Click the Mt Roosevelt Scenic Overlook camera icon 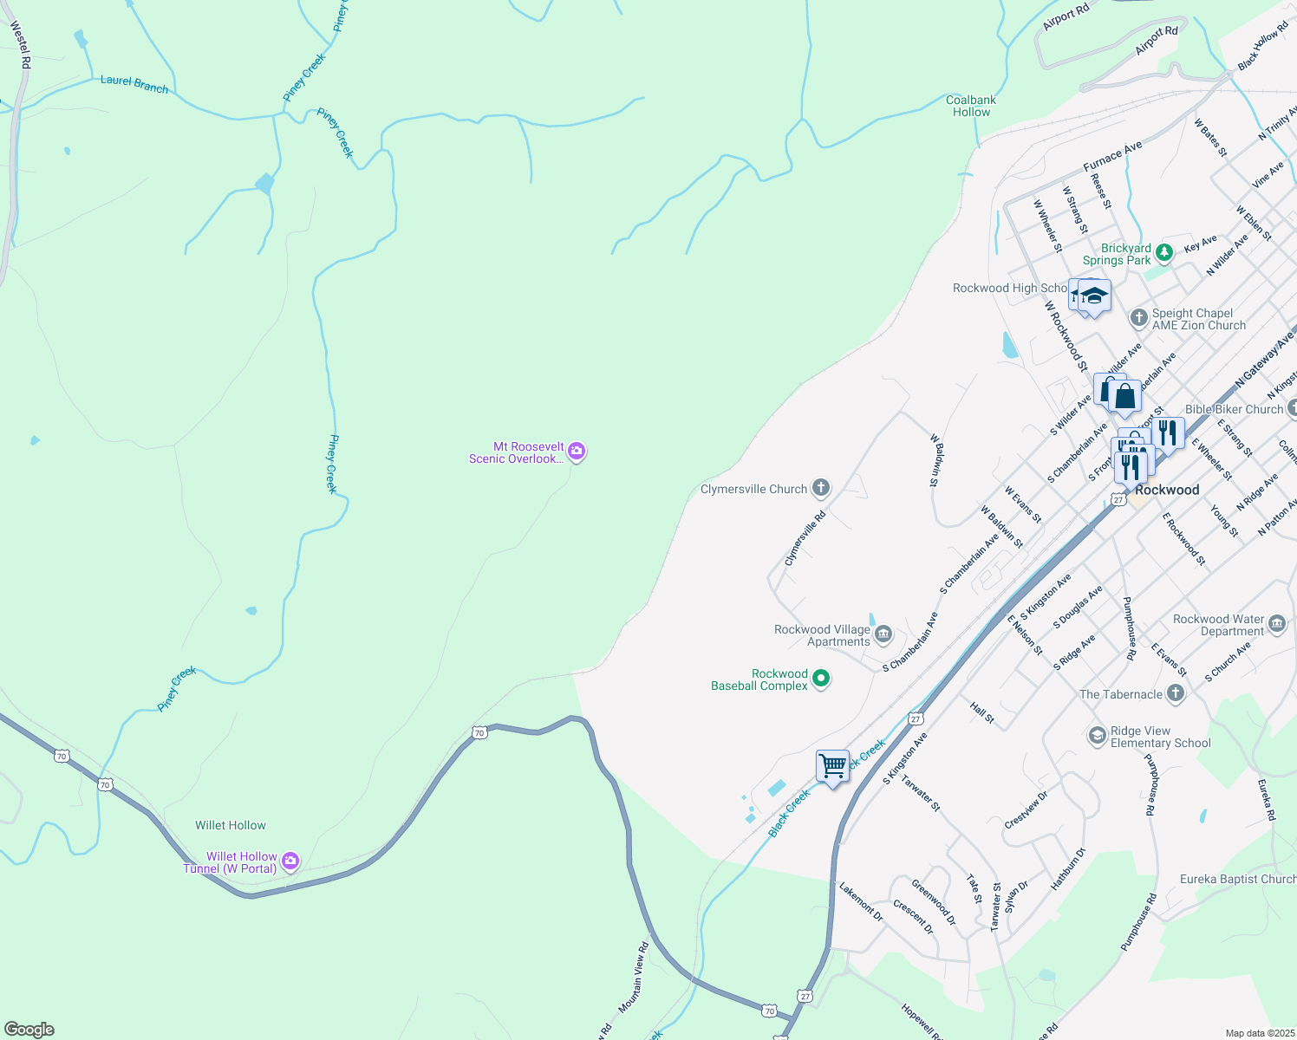[577, 452]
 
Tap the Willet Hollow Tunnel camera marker [290, 861]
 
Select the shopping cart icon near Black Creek [832, 766]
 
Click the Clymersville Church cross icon [820, 489]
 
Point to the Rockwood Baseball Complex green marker [820, 679]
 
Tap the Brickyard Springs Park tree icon [1164, 252]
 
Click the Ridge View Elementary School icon [1097, 736]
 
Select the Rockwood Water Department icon [1277, 624]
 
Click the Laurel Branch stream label [134, 84]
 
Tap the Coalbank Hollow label [971, 106]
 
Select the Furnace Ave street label [1113, 157]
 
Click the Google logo [29, 1029]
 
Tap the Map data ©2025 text [1259, 1033]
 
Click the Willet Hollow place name [231, 825]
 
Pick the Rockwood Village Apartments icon [883, 634]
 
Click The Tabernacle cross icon [1176, 693]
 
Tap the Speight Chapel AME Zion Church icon [1139, 318]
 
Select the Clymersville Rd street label [805, 538]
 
